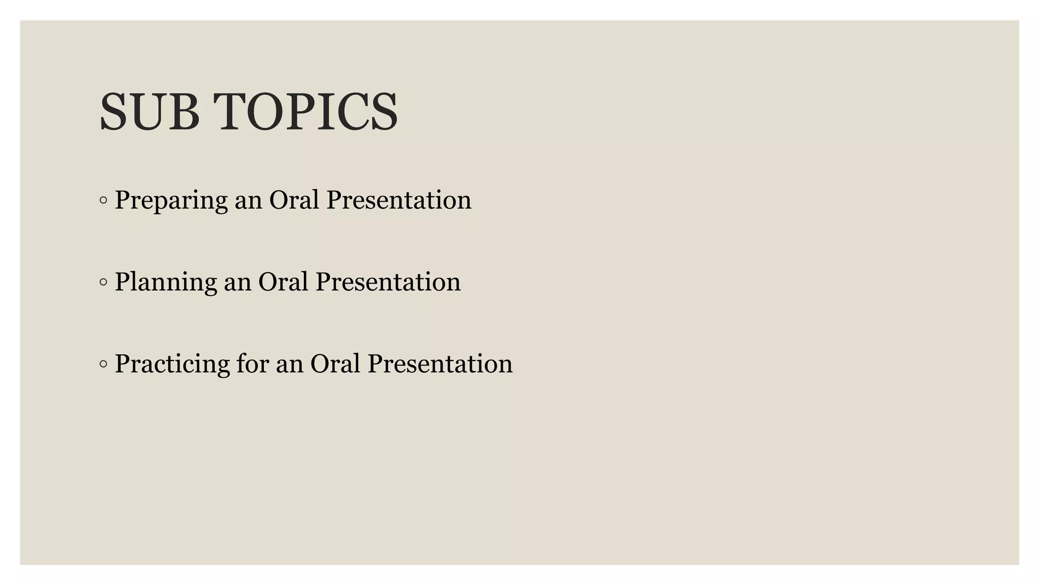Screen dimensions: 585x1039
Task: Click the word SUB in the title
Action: [x=149, y=112]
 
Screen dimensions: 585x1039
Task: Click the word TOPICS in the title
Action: [x=305, y=112]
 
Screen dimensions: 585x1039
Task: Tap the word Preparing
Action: [x=170, y=200]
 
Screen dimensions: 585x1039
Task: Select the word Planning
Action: [x=165, y=282]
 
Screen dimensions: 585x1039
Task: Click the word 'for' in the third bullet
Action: [x=252, y=364]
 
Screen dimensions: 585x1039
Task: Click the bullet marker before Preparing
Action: [x=103, y=201]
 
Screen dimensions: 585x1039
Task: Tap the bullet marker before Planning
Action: [x=103, y=282]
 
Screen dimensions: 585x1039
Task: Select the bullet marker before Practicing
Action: [x=103, y=364]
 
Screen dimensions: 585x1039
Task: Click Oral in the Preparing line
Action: [x=294, y=200]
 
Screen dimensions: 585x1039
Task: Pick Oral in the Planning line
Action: [x=283, y=282]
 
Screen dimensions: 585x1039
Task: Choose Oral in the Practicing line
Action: [x=335, y=364]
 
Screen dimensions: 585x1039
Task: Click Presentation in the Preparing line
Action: [x=399, y=200]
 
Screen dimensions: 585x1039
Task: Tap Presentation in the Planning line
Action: [x=388, y=282]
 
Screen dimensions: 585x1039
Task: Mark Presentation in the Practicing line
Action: [x=440, y=364]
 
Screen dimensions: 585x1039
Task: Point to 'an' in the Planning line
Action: [x=237, y=283]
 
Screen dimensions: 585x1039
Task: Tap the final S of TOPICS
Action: [x=384, y=112]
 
